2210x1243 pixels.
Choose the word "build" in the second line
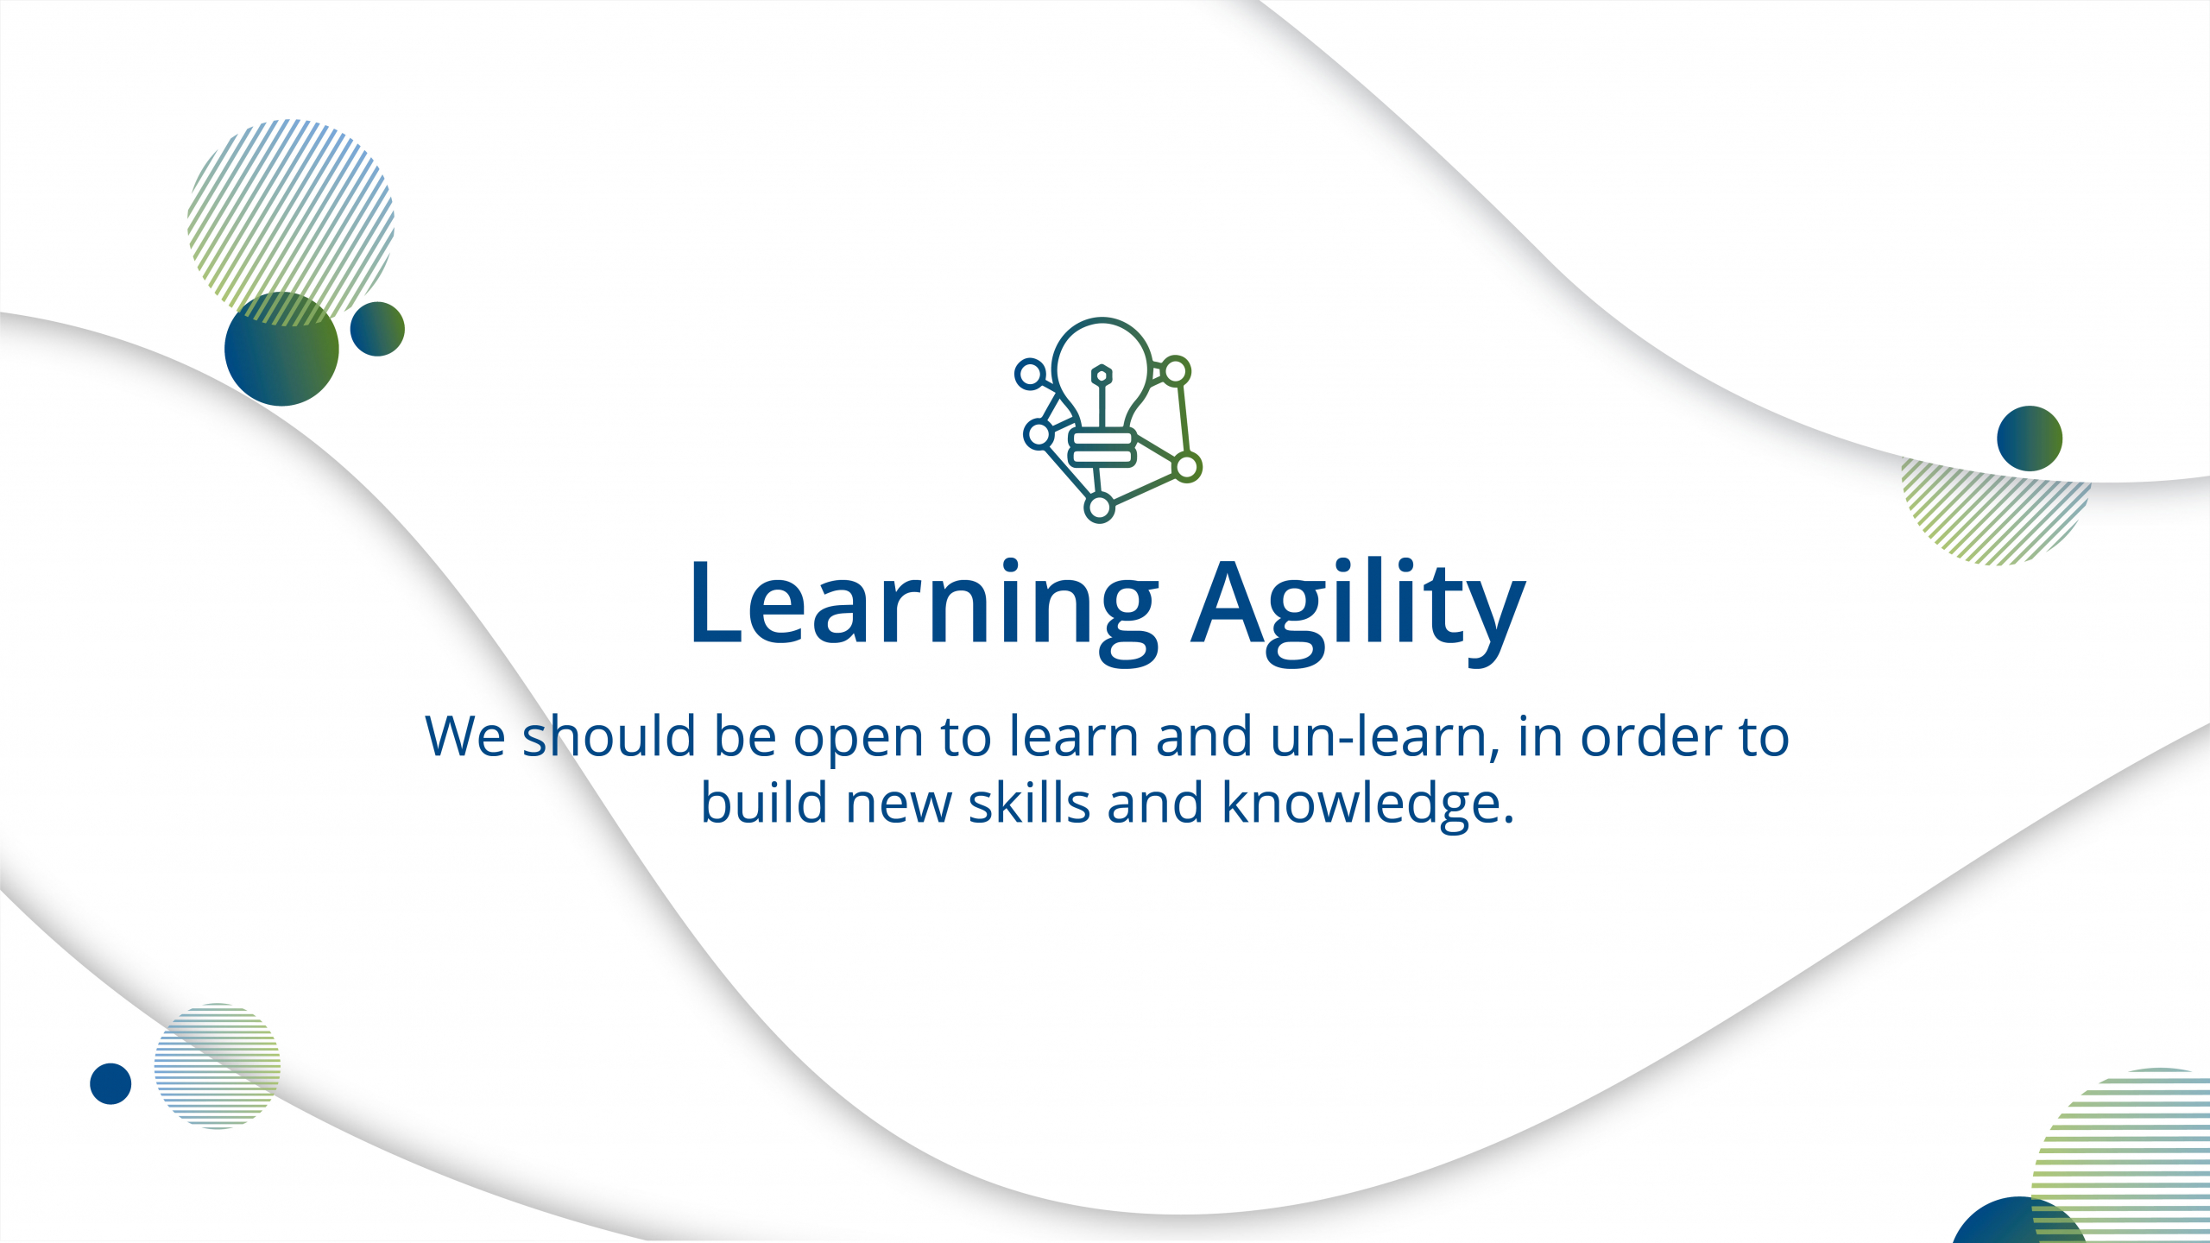[764, 803]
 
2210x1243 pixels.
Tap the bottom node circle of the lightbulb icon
[1099, 508]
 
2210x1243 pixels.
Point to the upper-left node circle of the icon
[1030, 375]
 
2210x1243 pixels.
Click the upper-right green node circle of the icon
[1175, 372]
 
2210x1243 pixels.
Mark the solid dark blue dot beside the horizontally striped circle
[110, 1083]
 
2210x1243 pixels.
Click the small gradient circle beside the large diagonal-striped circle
[377, 329]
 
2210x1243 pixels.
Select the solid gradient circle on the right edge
[2030, 439]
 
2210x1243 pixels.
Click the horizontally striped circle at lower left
[218, 1066]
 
